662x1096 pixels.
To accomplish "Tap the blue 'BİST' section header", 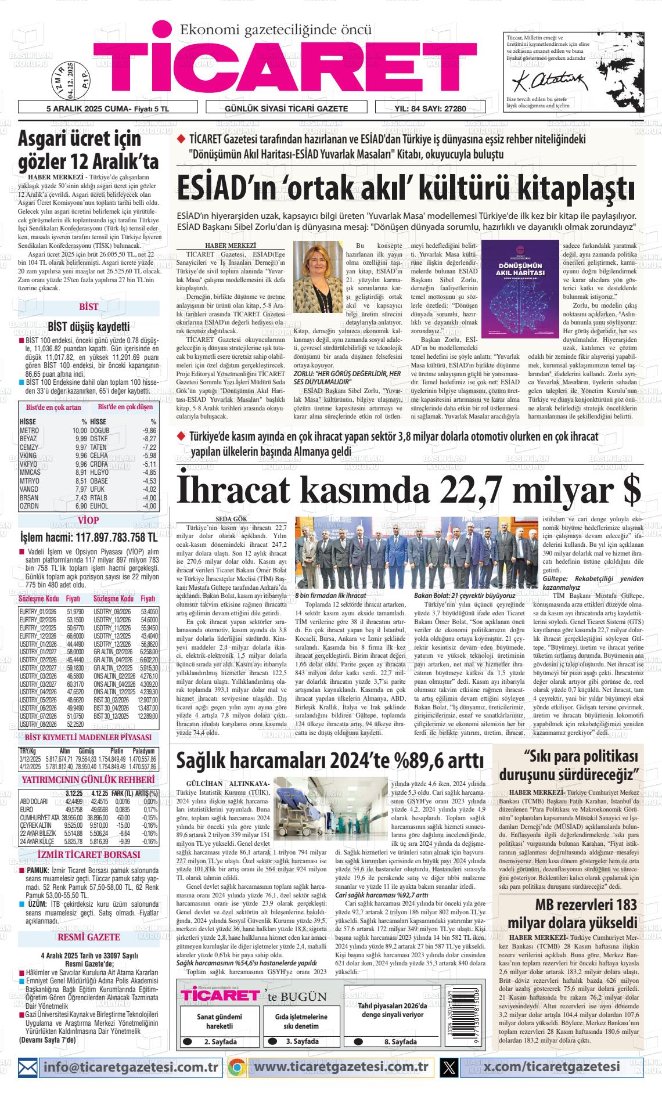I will click(x=89, y=307).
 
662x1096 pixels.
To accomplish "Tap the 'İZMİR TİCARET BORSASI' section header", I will click(x=89, y=855).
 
